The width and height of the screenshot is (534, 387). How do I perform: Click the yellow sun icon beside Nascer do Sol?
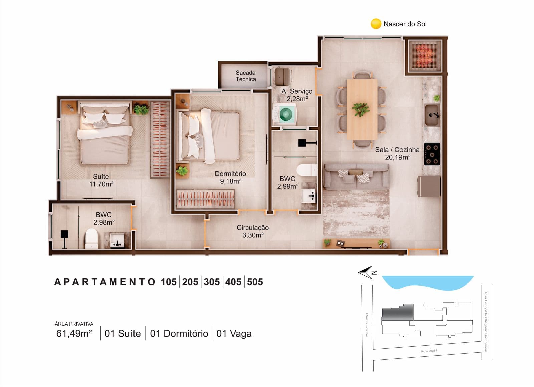(x=376, y=24)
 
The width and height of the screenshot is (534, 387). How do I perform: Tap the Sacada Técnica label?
(x=246, y=76)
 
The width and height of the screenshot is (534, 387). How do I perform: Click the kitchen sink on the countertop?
(x=432, y=115)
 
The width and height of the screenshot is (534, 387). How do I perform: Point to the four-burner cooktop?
(x=432, y=154)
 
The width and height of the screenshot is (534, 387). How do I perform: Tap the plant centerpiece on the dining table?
(x=361, y=109)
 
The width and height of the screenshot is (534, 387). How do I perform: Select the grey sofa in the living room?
(x=356, y=177)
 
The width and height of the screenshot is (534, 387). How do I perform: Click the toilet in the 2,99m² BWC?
(x=307, y=170)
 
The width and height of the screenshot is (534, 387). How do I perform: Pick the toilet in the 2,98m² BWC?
(x=92, y=238)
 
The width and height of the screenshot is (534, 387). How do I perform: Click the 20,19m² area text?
(x=397, y=157)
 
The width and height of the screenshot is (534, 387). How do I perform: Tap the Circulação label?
(x=252, y=228)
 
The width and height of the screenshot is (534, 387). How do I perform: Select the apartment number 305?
(x=212, y=282)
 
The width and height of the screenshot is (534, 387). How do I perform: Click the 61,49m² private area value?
(x=74, y=333)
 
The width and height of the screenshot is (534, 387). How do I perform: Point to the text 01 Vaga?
(x=234, y=334)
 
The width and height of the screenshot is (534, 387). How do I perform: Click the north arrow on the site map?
(x=366, y=272)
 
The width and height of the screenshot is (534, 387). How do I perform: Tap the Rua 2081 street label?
(x=429, y=351)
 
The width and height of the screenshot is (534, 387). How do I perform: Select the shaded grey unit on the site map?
(x=397, y=312)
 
